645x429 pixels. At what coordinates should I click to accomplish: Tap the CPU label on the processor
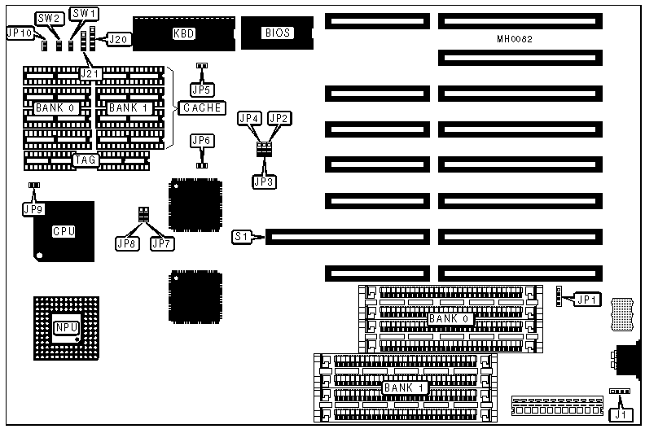[x=64, y=231]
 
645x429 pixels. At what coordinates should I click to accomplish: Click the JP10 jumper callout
[x=19, y=33]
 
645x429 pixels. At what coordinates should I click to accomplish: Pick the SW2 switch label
[x=49, y=17]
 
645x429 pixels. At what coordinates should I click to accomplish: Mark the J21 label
[x=91, y=74]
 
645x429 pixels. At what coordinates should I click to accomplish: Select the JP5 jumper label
[x=200, y=89]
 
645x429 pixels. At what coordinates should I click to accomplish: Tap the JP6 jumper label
[x=200, y=141]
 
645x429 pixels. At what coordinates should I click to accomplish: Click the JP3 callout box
[x=263, y=182]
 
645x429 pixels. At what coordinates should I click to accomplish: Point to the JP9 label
[x=33, y=209]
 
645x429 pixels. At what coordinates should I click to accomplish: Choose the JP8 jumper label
[x=127, y=243]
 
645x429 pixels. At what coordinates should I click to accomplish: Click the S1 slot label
[x=240, y=237]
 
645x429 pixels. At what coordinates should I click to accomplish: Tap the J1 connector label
[x=621, y=414]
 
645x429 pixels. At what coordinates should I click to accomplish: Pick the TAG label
[x=85, y=160]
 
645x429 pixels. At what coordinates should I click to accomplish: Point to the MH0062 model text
[x=515, y=39]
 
